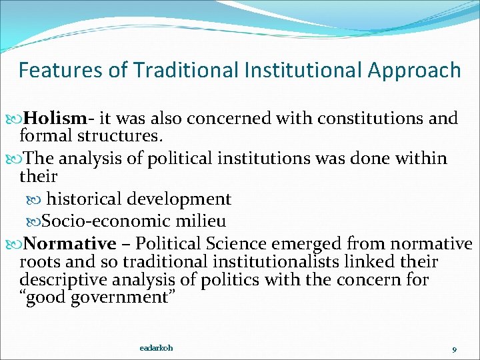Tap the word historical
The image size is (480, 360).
89,199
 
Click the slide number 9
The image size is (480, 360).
453,349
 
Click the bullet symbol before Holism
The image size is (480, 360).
15,119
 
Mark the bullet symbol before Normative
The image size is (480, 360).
15,243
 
